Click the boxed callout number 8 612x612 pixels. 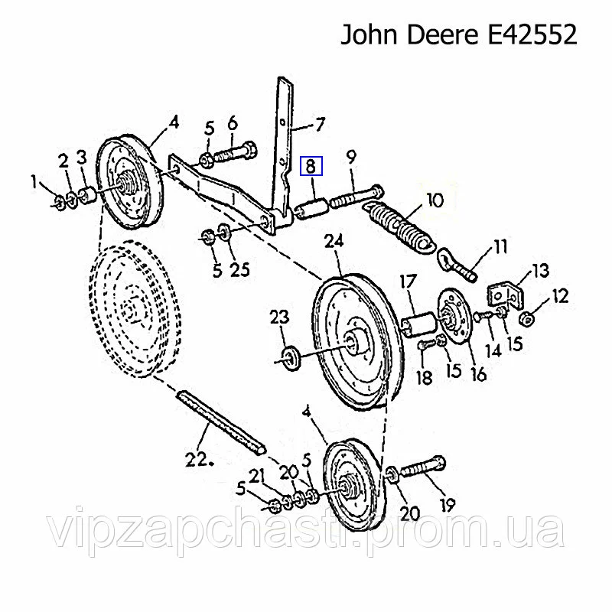[x=312, y=165]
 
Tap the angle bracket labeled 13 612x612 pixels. [x=504, y=295]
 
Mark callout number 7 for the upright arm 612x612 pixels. [x=320, y=124]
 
